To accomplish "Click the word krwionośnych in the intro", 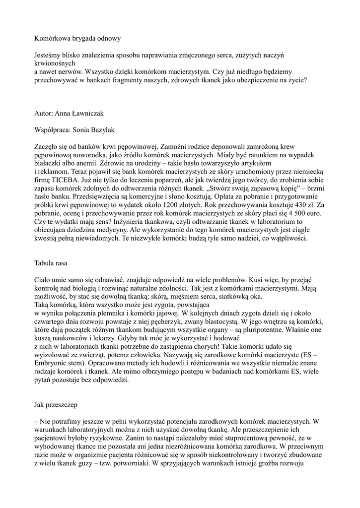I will [x=55, y=63].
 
